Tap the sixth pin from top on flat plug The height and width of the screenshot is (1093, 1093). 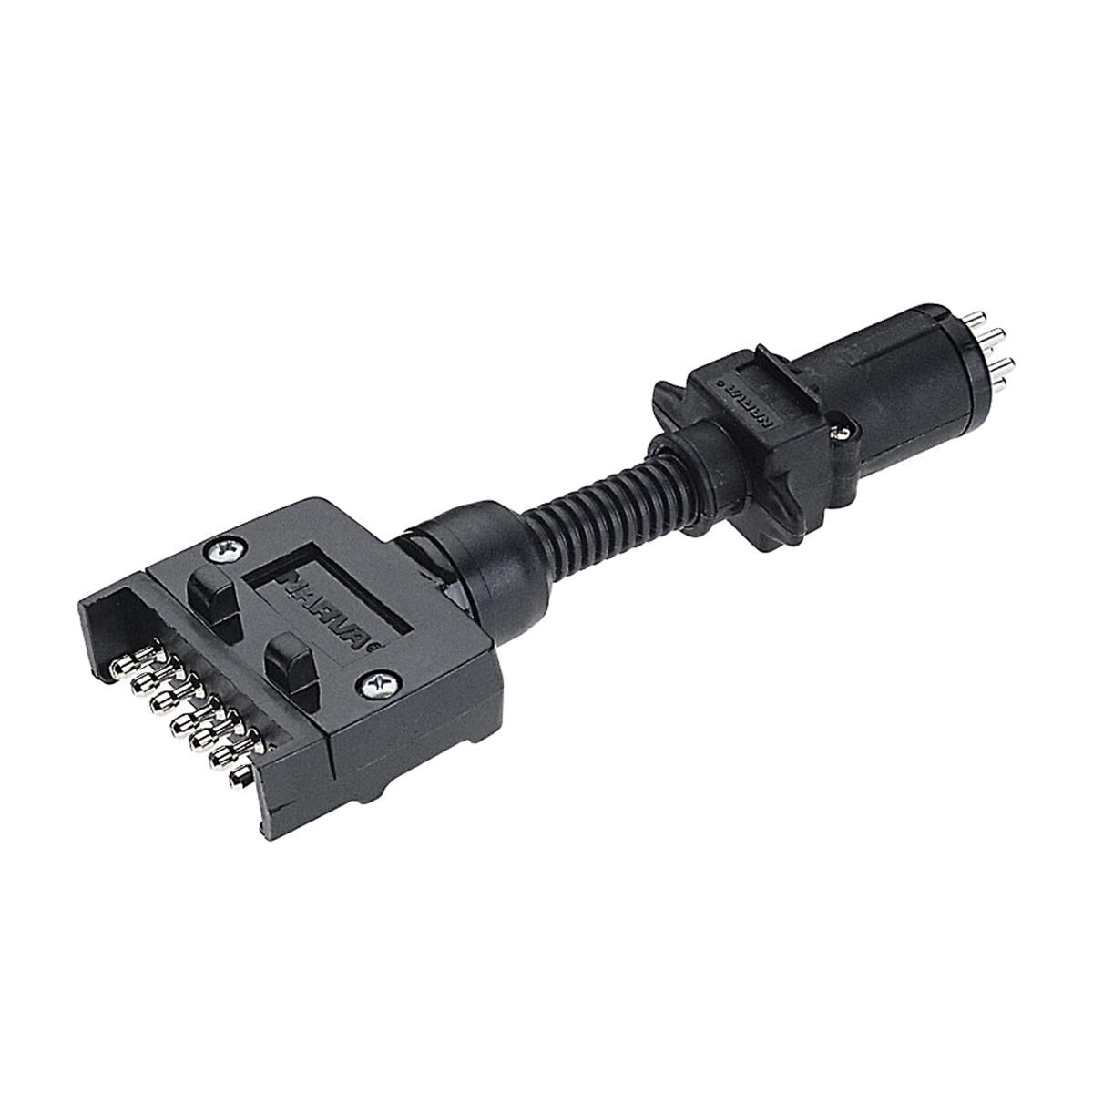(x=224, y=755)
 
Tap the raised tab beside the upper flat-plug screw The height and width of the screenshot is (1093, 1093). (x=211, y=592)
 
